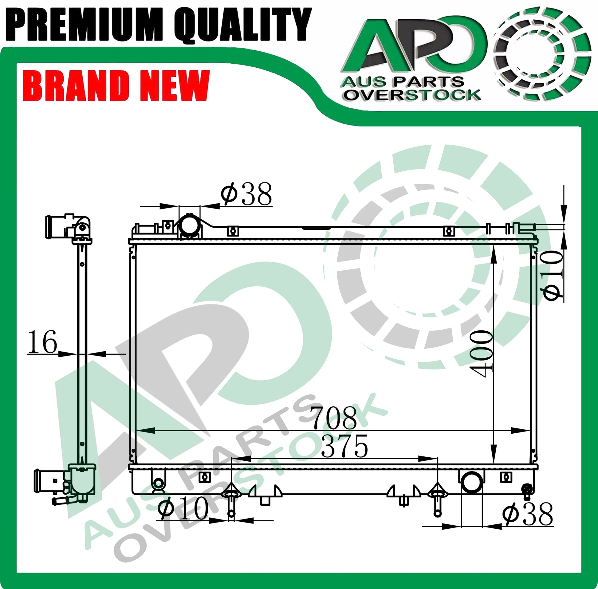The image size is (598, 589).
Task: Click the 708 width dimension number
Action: coord(333,418)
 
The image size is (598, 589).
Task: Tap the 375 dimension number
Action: coord(344,447)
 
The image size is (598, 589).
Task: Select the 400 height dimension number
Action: coord(482,354)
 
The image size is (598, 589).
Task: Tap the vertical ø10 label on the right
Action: coord(552,275)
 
